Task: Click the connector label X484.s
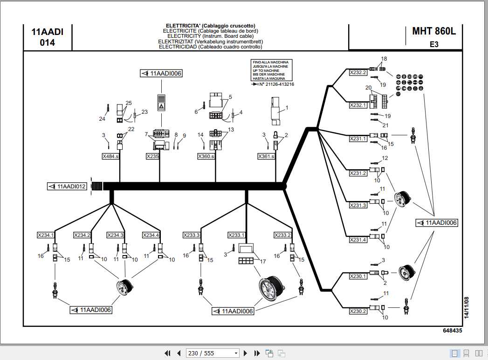(x=110, y=157)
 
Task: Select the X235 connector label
(x=153, y=157)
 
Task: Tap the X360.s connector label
(x=206, y=157)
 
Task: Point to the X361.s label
(x=266, y=157)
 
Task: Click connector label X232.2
(x=358, y=72)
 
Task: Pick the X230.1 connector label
(x=358, y=276)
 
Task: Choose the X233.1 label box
(x=236, y=235)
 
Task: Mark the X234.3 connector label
(x=115, y=235)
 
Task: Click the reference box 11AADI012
(x=67, y=187)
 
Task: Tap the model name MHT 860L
(x=434, y=31)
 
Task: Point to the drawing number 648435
(x=452, y=331)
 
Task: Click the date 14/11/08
(x=466, y=307)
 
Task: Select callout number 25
(x=129, y=103)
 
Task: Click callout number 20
(x=368, y=88)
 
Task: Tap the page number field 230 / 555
(x=213, y=353)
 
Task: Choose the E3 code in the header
(x=434, y=45)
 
